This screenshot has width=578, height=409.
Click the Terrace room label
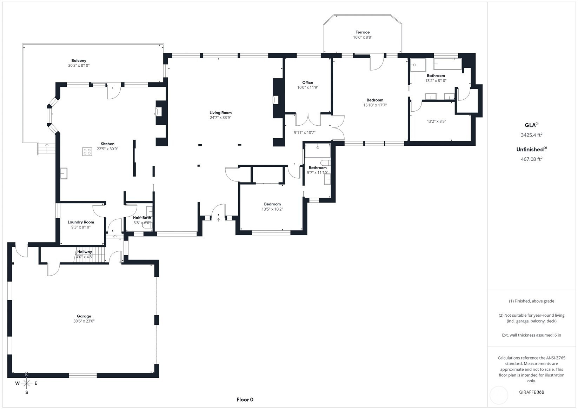click(363, 32)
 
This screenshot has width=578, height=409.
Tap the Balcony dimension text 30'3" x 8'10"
click(79, 66)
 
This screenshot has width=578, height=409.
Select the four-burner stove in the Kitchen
click(87, 151)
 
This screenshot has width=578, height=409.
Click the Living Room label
click(220, 113)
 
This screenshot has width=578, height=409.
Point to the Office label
click(307, 83)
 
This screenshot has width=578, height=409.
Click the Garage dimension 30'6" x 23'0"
click(84, 321)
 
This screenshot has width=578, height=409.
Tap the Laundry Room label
click(81, 222)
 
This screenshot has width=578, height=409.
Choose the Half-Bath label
click(142, 218)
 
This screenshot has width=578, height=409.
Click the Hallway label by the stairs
click(85, 252)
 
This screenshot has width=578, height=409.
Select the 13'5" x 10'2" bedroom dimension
click(272, 209)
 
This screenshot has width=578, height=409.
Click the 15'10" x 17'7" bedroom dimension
click(375, 105)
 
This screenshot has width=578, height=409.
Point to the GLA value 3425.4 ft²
click(531, 135)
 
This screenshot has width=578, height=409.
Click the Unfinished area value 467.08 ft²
click(531, 159)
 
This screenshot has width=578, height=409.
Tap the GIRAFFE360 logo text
click(531, 392)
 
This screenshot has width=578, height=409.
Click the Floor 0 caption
click(245, 400)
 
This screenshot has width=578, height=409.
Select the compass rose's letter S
click(27, 392)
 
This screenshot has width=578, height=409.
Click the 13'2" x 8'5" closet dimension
click(436, 121)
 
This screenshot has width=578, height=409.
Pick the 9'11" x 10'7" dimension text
click(305, 132)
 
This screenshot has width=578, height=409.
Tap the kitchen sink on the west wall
click(64, 173)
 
